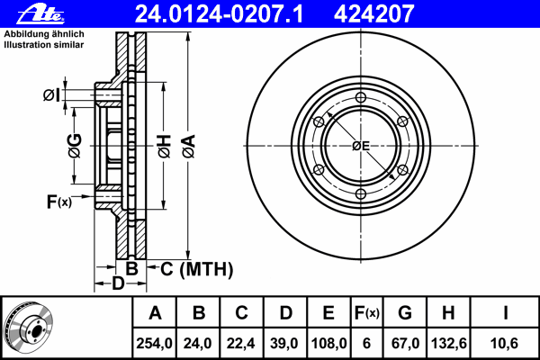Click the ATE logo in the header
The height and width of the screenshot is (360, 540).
40,14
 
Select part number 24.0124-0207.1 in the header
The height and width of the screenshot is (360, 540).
219,14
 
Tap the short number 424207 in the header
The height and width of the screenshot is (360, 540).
373,14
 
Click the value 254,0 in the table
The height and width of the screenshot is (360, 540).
154,343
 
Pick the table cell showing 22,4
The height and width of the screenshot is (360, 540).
240,343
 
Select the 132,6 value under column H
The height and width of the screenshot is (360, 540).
449,343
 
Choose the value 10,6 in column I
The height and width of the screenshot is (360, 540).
505,343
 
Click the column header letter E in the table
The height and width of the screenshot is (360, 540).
328,313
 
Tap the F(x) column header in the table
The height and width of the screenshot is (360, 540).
367,313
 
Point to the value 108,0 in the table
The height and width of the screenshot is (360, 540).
328,343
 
